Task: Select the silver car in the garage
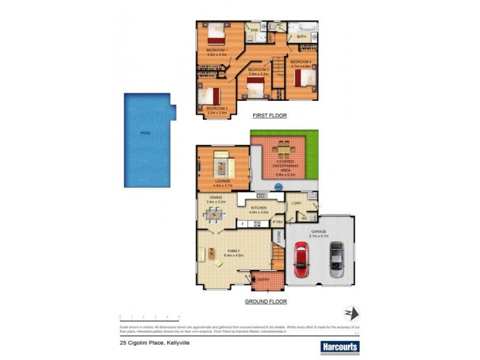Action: [337, 260]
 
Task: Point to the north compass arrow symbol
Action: [350, 313]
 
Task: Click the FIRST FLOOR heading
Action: [269, 115]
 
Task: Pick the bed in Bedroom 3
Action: [256, 88]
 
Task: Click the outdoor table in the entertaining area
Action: [280, 148]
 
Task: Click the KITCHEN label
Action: [260, 208]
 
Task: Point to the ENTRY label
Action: [264, 280]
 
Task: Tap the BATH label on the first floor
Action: [301, 37]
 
